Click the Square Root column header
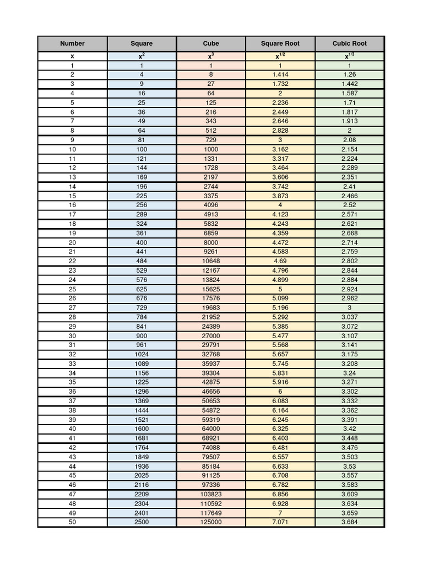[280, 44]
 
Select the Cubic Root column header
[349, 44]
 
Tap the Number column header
[72, 44]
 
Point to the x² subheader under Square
[142, 56]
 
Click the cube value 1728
[211, 168]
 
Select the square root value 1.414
[280, 74]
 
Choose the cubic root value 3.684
[349, 522]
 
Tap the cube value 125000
[211, 522]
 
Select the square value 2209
[142, 494]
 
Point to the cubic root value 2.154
[349, 149]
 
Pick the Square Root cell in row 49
[280, 513]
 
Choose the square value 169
[142, 177]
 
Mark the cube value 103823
[211, 494]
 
